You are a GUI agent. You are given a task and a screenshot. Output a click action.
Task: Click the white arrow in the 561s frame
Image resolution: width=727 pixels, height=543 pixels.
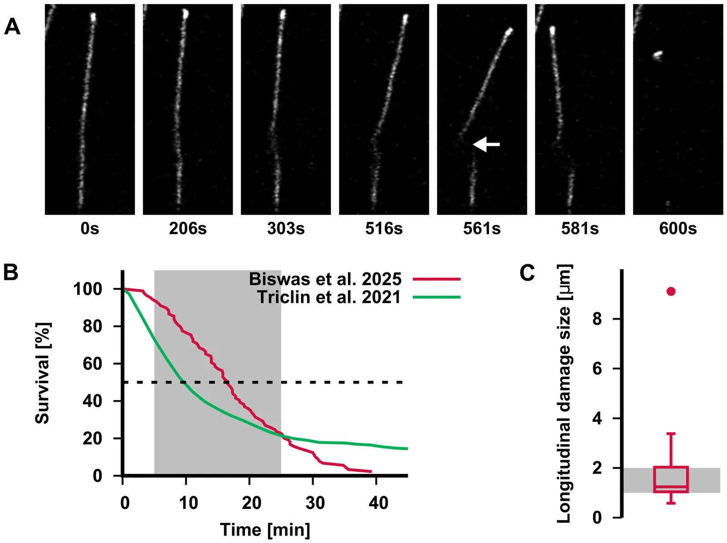[x=486, y=144]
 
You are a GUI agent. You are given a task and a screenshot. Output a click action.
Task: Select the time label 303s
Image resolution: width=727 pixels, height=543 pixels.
[x=286, y=229]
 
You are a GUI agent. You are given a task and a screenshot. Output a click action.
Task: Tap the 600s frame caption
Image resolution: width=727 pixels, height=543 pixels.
[x=678, y=229]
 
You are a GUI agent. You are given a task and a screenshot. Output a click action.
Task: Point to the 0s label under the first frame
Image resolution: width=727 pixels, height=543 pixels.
[x=90, y=229]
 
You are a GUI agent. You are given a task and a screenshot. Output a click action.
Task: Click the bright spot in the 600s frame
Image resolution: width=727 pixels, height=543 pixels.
[x=657, y=55]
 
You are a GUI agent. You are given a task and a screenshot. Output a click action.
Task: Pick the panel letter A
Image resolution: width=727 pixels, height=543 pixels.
[x=12, y=27]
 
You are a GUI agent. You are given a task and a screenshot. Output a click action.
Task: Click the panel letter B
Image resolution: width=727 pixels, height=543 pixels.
[x=10, y=272]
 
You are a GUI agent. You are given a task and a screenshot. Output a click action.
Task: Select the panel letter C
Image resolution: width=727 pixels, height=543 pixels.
[x=527, y=273]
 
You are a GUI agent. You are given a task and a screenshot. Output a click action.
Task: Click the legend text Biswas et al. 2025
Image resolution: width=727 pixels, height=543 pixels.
[x=325, y=279]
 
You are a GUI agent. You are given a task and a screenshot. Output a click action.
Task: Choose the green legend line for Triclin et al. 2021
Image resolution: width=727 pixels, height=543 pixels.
[x=437, y=297]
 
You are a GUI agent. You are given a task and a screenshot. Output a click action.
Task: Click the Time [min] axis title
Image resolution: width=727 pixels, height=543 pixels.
[x=265, y=530]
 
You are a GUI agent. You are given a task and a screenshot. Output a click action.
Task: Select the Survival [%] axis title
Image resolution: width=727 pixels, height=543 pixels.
[x=43, y=373]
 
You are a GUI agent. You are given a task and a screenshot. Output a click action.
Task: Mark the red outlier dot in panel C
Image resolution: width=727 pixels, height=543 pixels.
[x=671, y=291]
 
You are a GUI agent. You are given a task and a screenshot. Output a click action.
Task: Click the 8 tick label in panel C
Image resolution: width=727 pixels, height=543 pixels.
[x=597, y=319]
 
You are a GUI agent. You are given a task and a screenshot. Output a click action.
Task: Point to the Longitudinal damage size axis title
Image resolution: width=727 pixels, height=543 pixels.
[x=564, y=393]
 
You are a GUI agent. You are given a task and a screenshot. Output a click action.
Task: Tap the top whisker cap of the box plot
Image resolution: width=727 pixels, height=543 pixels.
[x=671, y=434]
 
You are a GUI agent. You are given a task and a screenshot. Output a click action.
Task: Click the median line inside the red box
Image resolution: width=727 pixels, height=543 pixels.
[x=671, y=487]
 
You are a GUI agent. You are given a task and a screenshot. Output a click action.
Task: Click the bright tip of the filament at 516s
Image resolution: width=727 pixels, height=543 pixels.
[x=405, y=18]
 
